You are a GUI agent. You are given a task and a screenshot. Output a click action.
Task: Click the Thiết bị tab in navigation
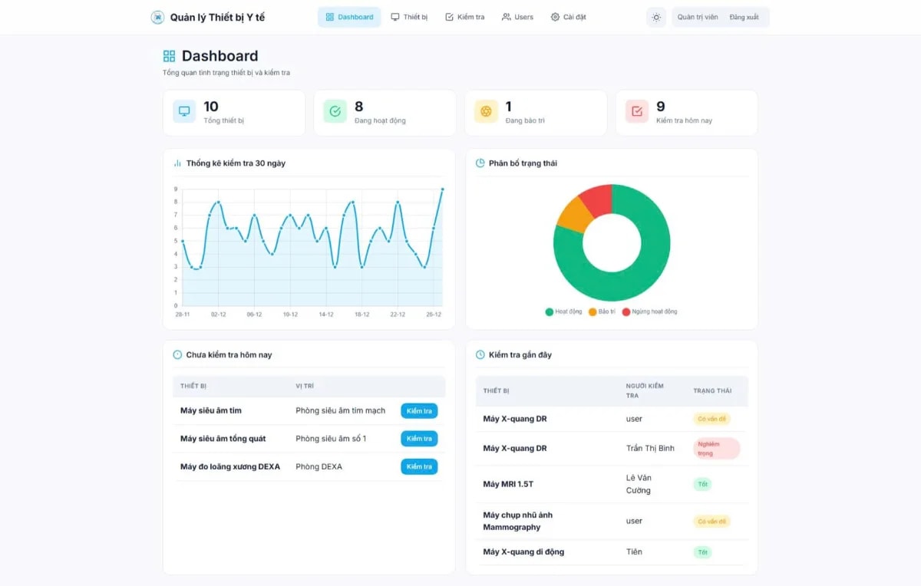[409, 17]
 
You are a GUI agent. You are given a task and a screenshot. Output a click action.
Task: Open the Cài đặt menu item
[568, 17]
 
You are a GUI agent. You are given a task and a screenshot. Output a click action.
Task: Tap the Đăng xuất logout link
[744, 17]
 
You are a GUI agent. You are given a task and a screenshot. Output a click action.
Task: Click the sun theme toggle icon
[656, 17]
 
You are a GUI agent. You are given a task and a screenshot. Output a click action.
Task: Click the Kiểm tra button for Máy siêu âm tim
[419, 411]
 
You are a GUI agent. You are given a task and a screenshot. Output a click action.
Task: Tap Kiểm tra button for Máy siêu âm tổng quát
[419, 439]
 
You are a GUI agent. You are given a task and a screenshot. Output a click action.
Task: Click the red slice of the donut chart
[596, 199]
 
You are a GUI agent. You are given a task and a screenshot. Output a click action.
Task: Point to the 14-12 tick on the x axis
[326, 314]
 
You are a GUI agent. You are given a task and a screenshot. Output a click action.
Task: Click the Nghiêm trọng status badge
[716, 449]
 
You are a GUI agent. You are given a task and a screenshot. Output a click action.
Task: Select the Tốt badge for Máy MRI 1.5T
[702, 485]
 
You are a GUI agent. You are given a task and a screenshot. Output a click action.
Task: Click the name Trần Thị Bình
[650, 449]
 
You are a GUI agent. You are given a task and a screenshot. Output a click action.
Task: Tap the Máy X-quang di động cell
[523, 552]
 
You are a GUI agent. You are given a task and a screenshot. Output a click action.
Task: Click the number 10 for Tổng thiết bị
[211, 107]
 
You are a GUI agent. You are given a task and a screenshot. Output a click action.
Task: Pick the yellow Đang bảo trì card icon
[486, 112]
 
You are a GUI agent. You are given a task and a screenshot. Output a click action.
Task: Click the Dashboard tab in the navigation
[349, 17]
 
